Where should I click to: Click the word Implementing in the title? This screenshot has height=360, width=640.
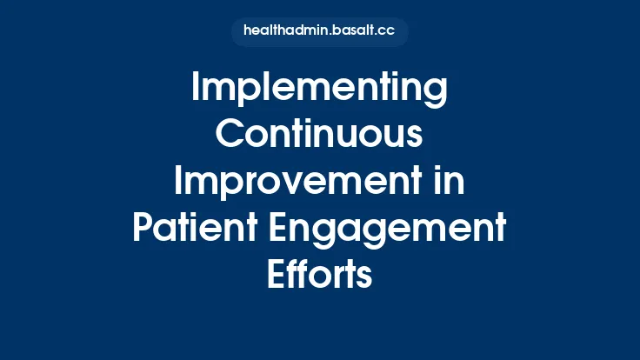coord(319,90)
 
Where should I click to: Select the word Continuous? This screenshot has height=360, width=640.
coord(319,137)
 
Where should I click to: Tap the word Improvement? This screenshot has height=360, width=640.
coord(295,183)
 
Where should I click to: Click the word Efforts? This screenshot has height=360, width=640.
coord(319,275)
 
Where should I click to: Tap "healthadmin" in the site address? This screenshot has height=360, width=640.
coord(284,31)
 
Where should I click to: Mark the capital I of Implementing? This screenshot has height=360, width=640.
coord(195,90)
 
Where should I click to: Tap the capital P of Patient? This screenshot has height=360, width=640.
coord(143,229)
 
